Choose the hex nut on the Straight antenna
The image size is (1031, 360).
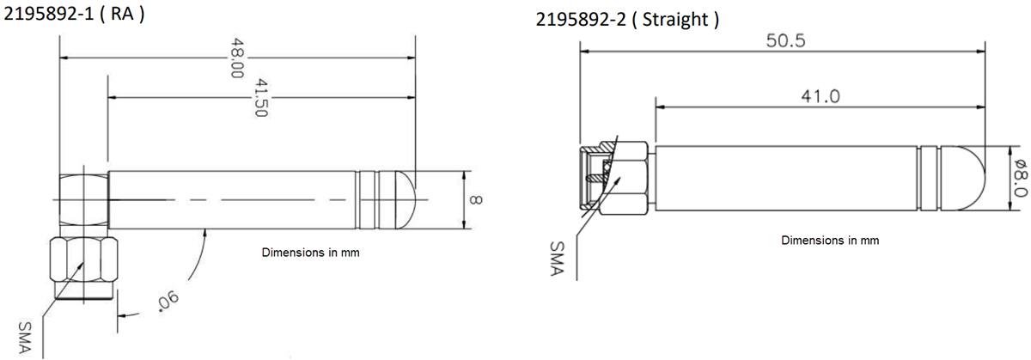628,179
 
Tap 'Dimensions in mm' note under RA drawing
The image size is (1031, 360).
308,253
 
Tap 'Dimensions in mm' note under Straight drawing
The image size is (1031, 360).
829,241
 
